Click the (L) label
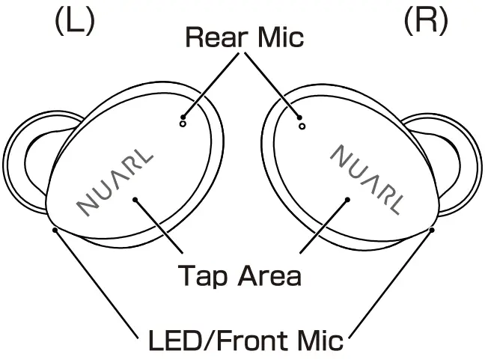tap(74, 20)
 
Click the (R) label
tap(426, 20)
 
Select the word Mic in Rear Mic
tap(278, 37)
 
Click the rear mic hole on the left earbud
tap(183, 126)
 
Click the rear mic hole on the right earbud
tap(302, 126)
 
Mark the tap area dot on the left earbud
tap(135, 198)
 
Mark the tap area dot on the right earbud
tap(349, 198)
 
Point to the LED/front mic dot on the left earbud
tap(55, 229)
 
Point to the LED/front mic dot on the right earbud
tap(432, 229)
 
